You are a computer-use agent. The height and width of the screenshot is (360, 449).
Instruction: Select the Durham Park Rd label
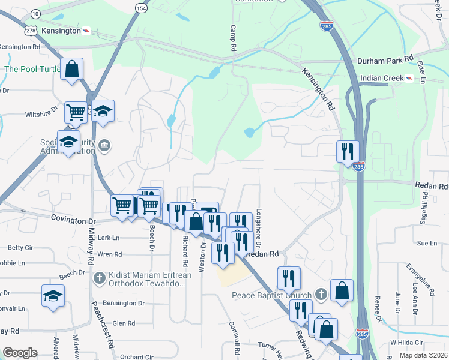385,61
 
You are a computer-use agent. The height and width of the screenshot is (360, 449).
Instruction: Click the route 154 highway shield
141,8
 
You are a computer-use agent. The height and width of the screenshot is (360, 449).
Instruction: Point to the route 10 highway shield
35,13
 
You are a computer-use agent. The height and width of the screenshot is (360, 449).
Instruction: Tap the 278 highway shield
32,29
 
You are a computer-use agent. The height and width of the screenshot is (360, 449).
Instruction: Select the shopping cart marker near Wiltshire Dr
76,112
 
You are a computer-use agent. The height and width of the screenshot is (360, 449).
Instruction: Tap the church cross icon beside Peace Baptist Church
321,295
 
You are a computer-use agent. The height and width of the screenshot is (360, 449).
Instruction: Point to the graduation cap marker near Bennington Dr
53,295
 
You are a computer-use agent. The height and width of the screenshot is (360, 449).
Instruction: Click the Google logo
20,353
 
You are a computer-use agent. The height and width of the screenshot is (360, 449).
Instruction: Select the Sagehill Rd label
426,211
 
